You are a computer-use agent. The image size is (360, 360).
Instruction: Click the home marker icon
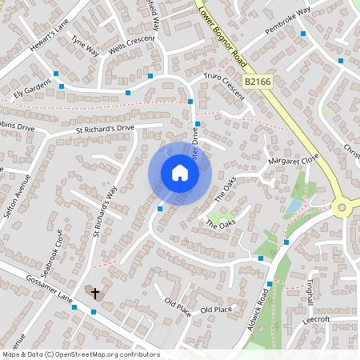coord(180,173)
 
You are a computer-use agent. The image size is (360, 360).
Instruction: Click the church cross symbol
coord(95,293)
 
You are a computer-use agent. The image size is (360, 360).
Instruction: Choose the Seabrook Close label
coord(54,251)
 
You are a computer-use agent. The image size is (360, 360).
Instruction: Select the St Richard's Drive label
coord(105,127)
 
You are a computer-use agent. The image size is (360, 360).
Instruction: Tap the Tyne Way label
coord(85,46)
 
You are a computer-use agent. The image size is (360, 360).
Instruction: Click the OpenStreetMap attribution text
coord(80,354)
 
